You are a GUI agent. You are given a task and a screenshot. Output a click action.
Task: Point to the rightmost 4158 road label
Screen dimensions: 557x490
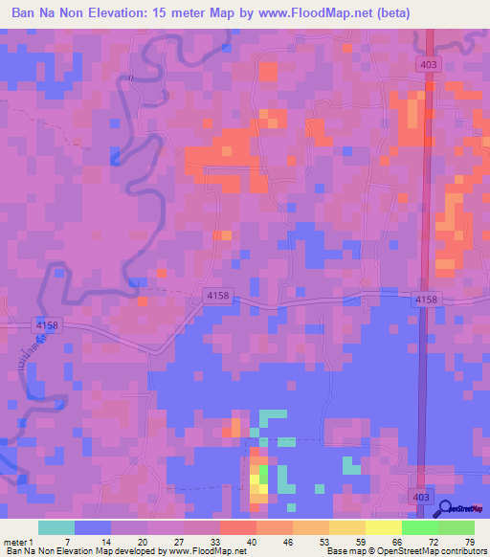click(426, 300)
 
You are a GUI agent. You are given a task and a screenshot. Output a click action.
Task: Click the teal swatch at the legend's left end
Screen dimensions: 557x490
click(56, 527)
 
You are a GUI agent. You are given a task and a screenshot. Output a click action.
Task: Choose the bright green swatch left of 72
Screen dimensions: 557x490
click(419, 527)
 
